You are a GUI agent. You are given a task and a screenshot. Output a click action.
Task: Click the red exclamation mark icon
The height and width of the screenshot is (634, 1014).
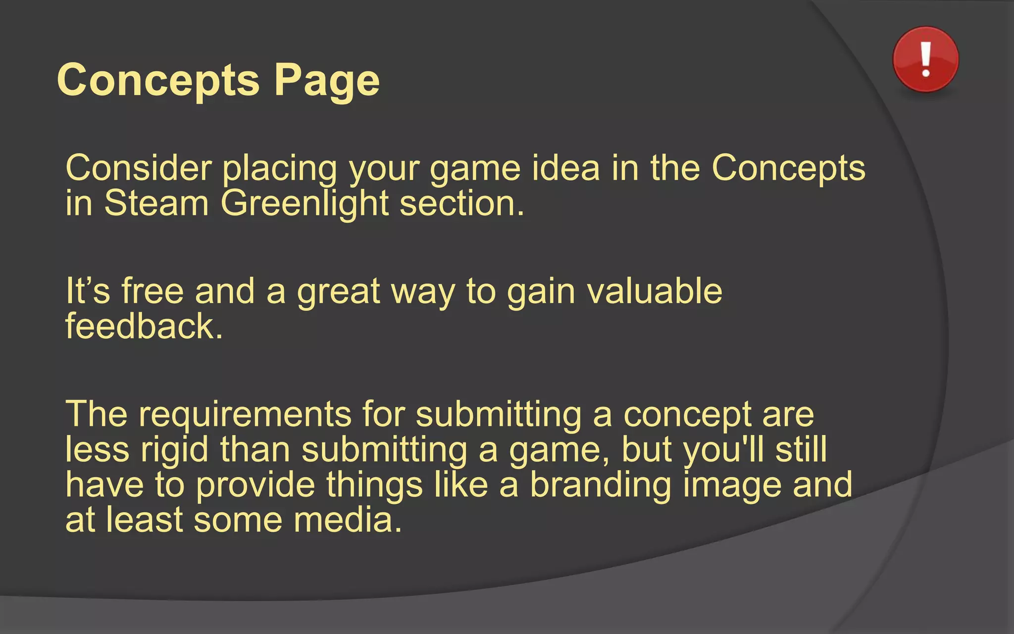[925, 59]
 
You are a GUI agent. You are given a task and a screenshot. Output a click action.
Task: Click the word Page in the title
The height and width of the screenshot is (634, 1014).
[327, 81]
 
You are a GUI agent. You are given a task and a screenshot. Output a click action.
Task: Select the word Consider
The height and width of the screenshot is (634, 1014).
[139, 168]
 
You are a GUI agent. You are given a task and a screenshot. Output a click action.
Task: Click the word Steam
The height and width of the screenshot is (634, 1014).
[156, 204]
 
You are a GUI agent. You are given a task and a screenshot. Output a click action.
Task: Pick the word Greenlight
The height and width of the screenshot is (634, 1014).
[304, 204]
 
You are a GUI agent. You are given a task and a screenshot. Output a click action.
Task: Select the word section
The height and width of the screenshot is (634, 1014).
[461, 204]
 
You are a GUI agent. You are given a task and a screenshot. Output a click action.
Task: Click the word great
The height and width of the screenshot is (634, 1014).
[338, 292]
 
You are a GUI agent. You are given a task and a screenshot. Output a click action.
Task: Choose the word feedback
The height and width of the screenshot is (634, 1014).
[144, 326]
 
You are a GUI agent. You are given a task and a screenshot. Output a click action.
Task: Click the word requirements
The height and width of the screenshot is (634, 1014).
[245, 415]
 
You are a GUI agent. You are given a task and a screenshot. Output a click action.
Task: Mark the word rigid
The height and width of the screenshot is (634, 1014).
[174, 450]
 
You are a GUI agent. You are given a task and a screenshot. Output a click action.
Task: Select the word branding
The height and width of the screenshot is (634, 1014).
[601, 485]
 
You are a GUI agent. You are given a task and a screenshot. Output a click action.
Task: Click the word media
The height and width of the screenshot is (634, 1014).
[347, 520]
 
